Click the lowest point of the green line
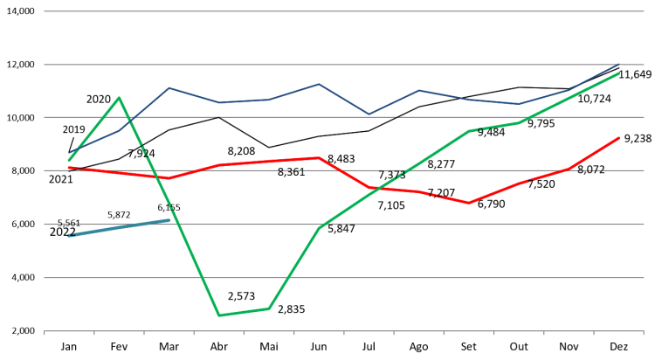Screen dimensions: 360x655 click(x=218, y=315)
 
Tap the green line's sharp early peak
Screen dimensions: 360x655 click(x=119, y=97)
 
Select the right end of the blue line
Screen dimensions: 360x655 click(x=618, y=65)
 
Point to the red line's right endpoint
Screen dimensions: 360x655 click(x=618, y=138)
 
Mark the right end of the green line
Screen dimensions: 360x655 click(x=618, y=74)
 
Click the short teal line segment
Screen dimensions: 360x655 click(x=119, y=228)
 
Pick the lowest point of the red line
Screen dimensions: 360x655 click(x=469, y=203)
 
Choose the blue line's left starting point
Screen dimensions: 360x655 click(x=69, y=154)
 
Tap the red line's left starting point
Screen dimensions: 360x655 click(x=69, y=167)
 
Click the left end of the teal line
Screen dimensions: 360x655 click(x=69, y=236)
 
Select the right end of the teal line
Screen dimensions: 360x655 click(x=169, y=220)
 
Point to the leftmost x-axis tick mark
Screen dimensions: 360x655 click(x=45, y=333)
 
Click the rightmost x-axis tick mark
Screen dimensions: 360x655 click(x=644, y=333)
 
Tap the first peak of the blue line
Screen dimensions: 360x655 click(x=169, y=87)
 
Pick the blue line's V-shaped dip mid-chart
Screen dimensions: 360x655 click(x=369, y=114)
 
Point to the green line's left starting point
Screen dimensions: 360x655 click(x=69, y=160)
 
